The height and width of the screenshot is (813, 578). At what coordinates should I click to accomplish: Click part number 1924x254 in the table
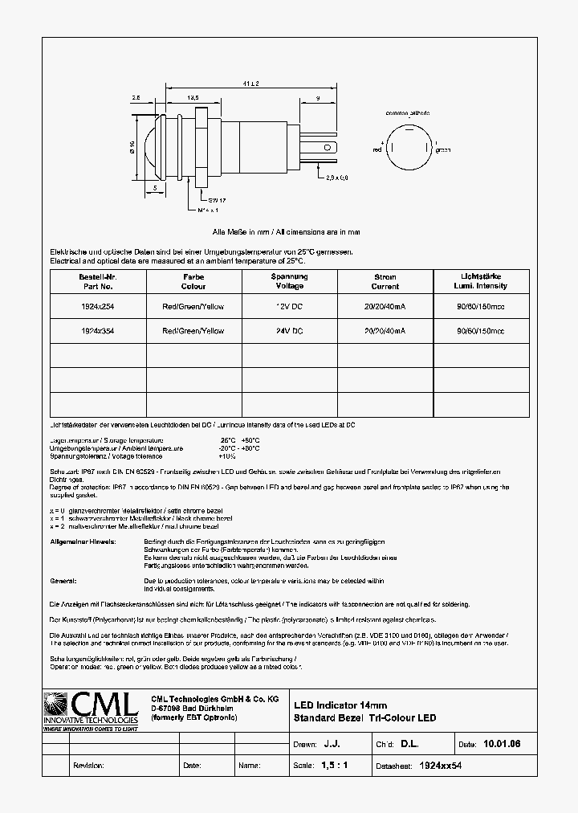click(97, 306)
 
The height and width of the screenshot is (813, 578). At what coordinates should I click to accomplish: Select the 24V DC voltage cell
click(288, 330)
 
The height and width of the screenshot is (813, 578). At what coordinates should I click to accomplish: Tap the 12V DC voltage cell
click(288, 306)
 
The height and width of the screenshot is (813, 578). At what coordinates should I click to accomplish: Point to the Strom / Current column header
click(385, 281)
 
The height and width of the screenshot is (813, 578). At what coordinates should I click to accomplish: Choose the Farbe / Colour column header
click(193, 281)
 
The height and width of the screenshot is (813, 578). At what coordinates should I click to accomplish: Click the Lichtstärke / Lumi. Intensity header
click(481, 281)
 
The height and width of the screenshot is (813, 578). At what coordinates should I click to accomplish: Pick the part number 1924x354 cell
click(97, 330)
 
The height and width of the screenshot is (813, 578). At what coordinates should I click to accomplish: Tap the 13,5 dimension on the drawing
click(193, 97)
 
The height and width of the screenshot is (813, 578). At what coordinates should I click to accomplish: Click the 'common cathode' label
click(407, 113)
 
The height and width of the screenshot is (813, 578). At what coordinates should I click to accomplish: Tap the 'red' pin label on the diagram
click(377, 149)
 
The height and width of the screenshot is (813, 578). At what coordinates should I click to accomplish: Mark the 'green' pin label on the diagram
click(442, 149)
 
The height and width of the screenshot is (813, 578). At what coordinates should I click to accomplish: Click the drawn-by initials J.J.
click(331, 745)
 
